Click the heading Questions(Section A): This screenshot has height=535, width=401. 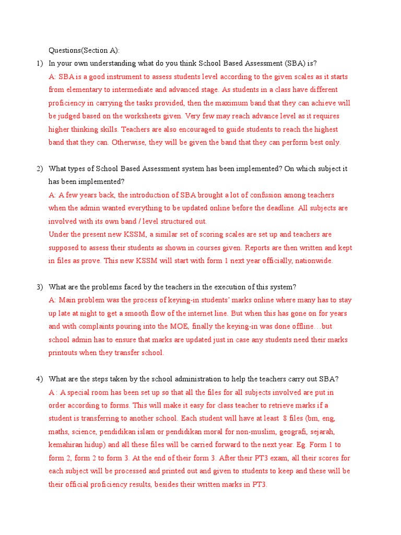(x=84, y=50)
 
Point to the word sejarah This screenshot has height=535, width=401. (x=323, y=432)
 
